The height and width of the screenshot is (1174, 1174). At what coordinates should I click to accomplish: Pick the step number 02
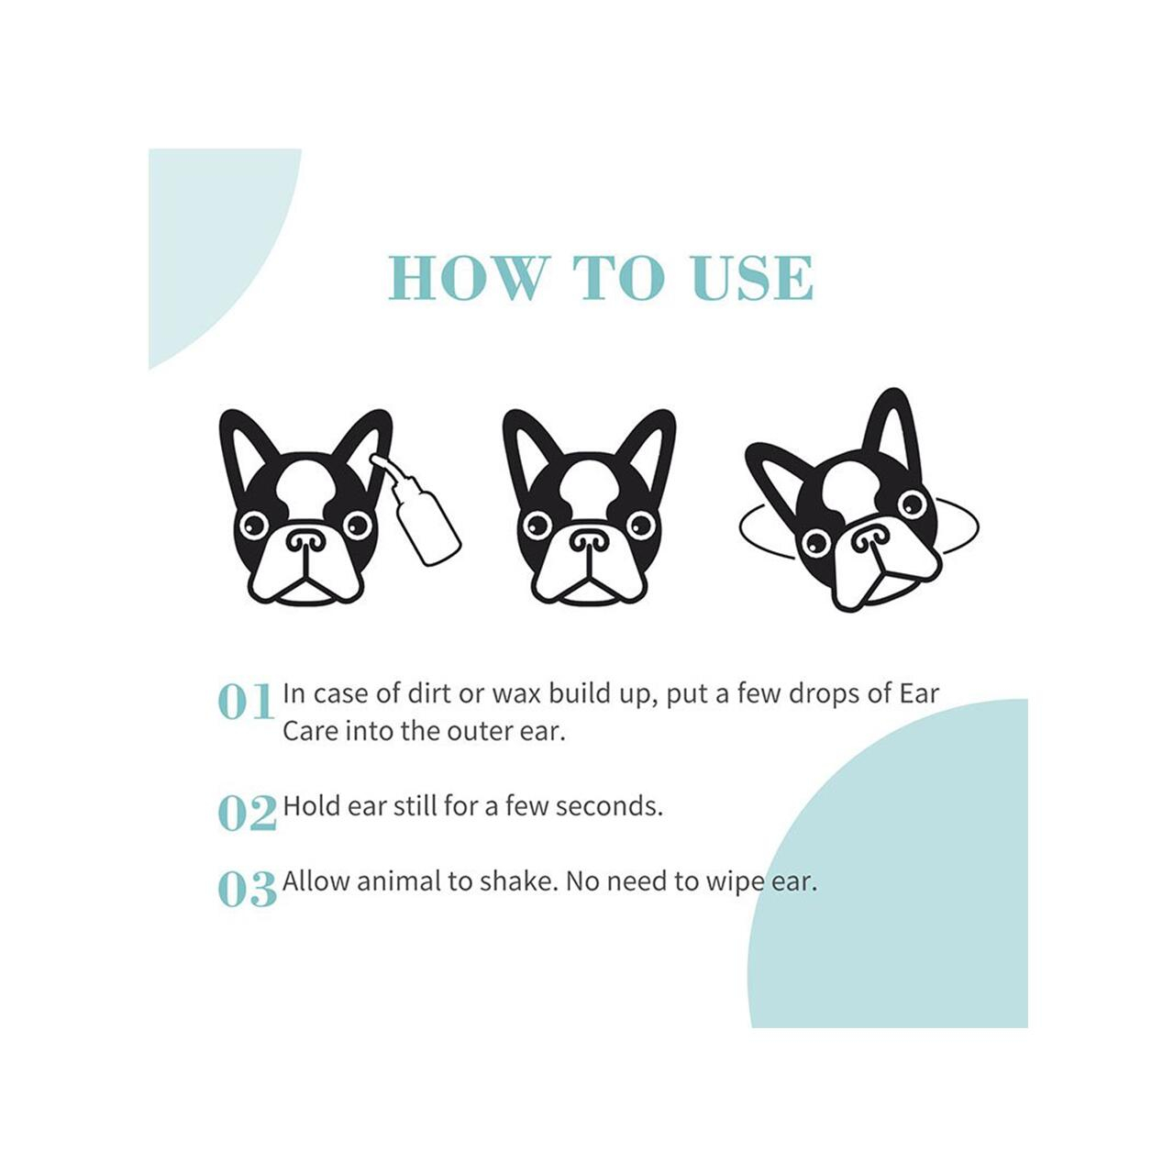(x=247, y=814)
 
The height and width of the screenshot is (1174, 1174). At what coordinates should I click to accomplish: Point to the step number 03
(x=247, y=889)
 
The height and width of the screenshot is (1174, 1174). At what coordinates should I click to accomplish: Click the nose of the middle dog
(x=589, y=540)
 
